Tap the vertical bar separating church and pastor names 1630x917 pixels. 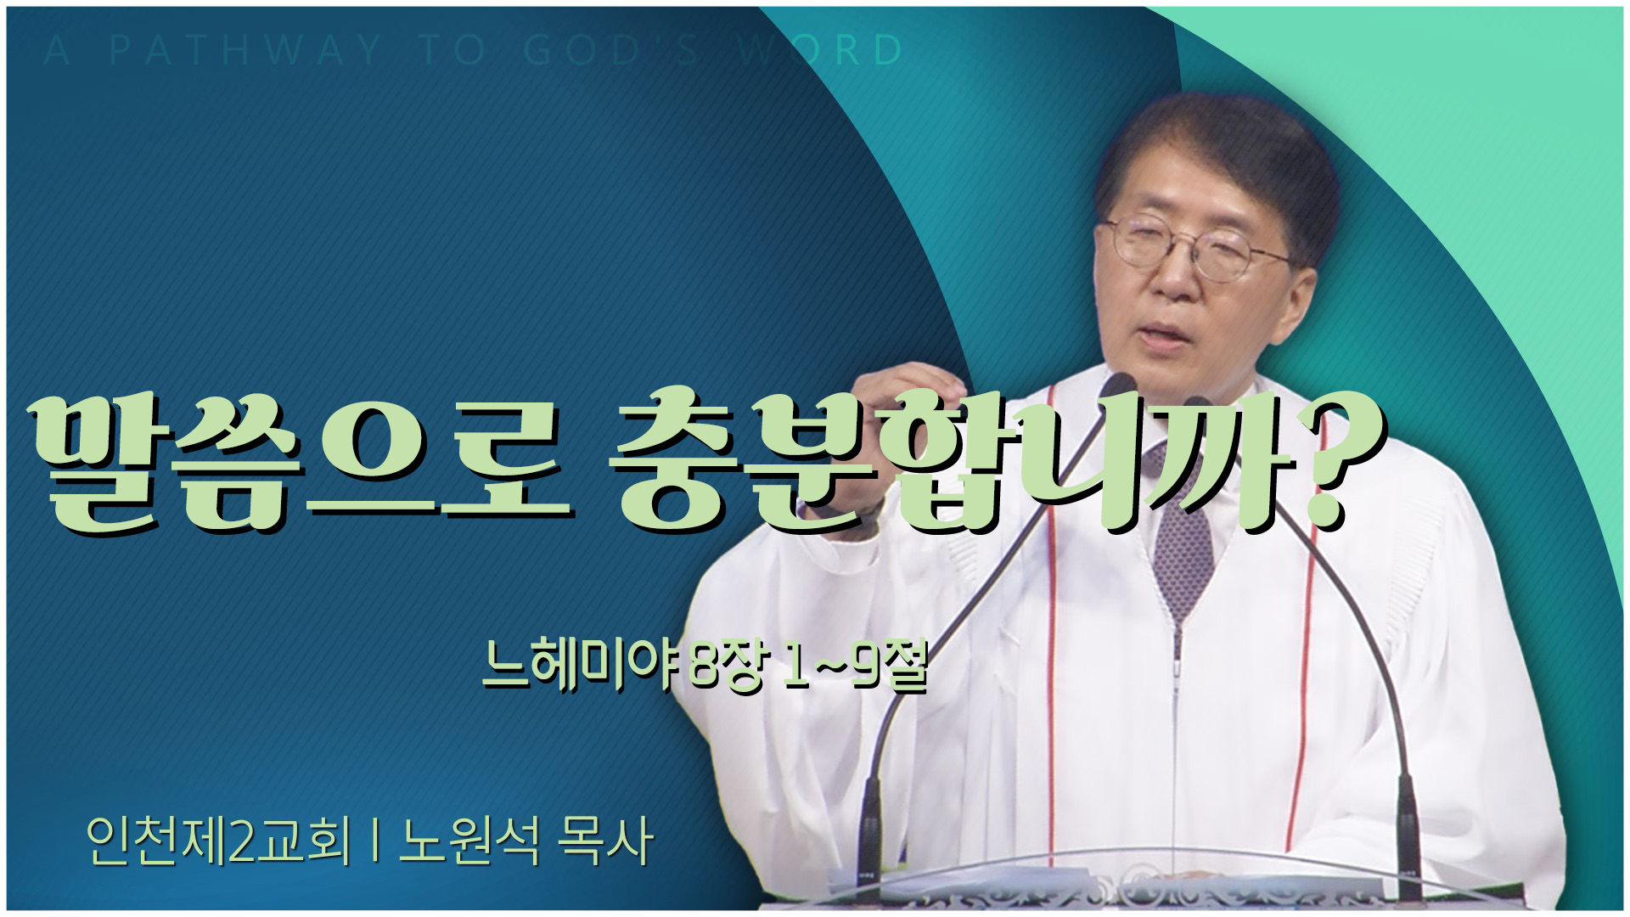pos(374,842)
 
